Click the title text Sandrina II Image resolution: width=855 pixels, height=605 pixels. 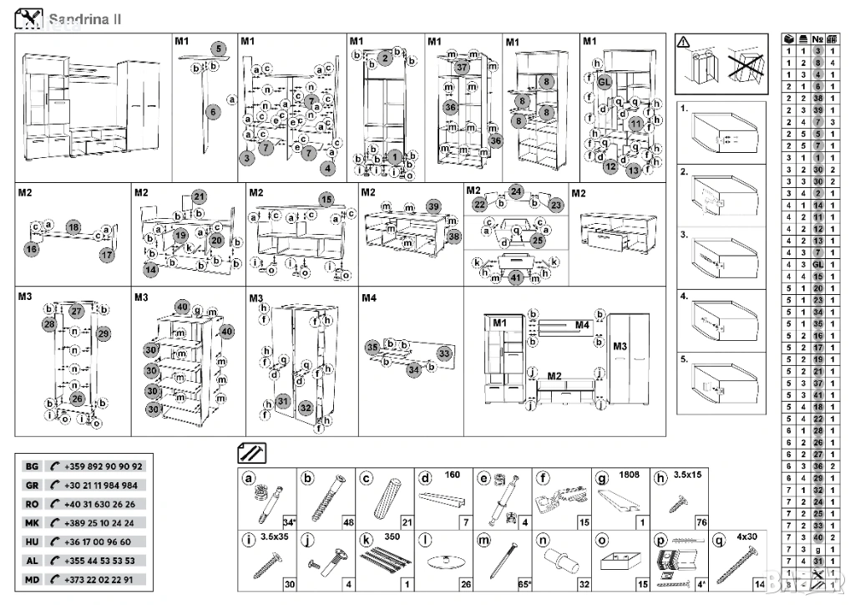coord(83,19)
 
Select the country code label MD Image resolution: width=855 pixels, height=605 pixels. coord(32,579)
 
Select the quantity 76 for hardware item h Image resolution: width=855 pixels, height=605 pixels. coord(701,522)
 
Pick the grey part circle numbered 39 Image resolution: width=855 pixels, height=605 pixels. coord(433,206)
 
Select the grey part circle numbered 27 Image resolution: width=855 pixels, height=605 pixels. coord(77,310)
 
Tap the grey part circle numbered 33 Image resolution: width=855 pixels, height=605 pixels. coord(445,354)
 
